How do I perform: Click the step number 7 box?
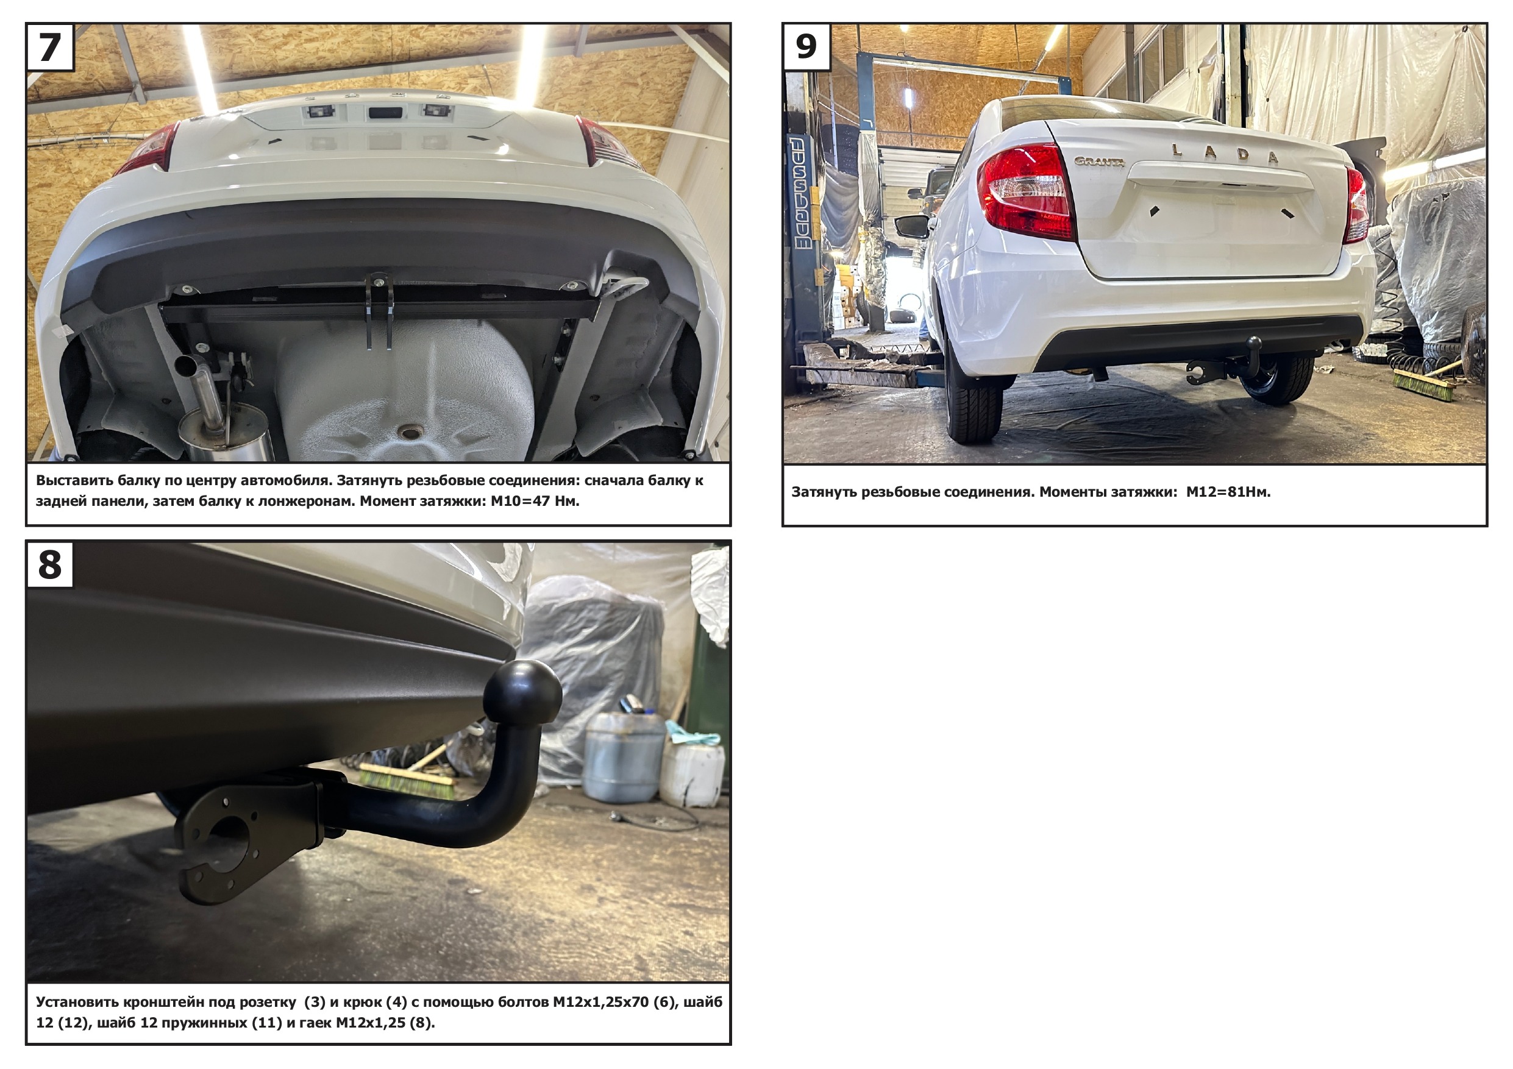click(x=50, y=47)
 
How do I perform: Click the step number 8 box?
click(x=50, y=564)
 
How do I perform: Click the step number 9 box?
click(x=806, y=47)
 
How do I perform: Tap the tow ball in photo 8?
click(x=522, y=693)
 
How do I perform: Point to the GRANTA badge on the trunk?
click(x=1099, y=162)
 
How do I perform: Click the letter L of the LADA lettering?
click(x=1177, y=149)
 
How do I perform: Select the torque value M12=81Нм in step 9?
click(x=1228, y=492)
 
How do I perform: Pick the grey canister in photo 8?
click(x=623, y=758)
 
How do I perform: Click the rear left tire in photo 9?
click(x=974, y=395)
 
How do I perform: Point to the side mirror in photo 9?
click(x=913, y=226)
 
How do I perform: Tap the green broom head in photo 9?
click(x=1423, y=385)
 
